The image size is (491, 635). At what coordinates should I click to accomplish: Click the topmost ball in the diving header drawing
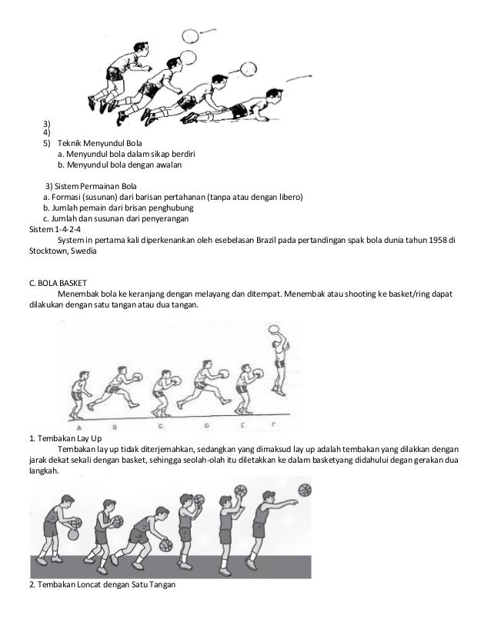189,35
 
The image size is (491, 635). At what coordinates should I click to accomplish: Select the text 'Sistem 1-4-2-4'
54,229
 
